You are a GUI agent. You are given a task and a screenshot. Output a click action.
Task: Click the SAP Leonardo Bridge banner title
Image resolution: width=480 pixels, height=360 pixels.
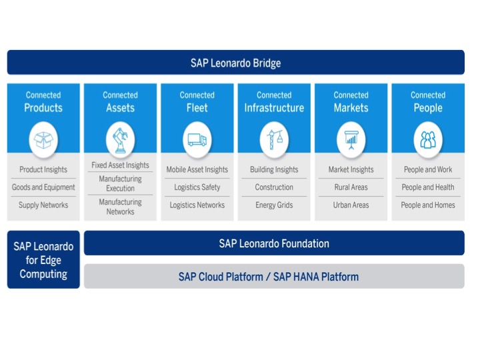coord(235,63)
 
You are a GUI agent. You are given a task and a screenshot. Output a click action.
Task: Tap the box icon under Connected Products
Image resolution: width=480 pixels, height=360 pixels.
coord(43,140)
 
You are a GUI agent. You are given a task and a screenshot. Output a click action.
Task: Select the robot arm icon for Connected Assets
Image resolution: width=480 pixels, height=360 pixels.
coord(121,140)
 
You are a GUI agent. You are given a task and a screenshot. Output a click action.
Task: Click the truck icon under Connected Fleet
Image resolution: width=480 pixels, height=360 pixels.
coord(197,140)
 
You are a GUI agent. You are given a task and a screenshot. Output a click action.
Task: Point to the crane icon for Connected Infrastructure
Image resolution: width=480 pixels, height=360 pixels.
coord(274,140)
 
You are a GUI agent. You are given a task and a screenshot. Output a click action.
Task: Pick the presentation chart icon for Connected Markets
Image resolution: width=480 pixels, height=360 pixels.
coord(351,140)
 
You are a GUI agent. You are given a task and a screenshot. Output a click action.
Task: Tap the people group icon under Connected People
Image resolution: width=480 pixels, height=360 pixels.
coord(428,140)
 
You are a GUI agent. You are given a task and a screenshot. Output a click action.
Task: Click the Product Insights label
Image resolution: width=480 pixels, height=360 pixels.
coord(43,170)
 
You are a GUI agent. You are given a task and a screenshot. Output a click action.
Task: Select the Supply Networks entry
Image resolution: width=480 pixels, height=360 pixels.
coord(43,205)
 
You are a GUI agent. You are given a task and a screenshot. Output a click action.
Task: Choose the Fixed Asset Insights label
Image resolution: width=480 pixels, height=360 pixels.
coord(121,165)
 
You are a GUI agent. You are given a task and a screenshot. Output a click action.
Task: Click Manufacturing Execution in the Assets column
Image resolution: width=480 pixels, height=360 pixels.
coord(121,183)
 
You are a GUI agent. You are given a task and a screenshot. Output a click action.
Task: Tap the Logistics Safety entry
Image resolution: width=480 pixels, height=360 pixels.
coord(197,187)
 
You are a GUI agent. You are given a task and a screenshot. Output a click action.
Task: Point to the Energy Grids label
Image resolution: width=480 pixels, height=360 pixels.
coord(274,205)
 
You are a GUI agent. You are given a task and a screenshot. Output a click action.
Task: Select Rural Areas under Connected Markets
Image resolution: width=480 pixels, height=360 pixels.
coord(351,187)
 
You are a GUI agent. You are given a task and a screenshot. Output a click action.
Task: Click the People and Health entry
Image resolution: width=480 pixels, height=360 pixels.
coord(428,187)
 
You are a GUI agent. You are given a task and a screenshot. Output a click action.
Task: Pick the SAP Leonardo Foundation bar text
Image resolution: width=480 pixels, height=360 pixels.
coord(274,243)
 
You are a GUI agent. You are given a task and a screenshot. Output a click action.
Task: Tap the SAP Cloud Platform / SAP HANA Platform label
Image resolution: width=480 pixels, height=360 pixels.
coord(269,277)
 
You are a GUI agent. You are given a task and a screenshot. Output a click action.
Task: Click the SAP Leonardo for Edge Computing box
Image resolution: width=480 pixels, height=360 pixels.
coord(43,260)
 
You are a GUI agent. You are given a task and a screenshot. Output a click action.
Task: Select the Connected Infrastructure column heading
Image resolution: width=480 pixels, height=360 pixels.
coord(274,102)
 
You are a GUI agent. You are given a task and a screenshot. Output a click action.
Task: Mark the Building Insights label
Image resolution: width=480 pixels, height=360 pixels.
coord(274,170)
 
